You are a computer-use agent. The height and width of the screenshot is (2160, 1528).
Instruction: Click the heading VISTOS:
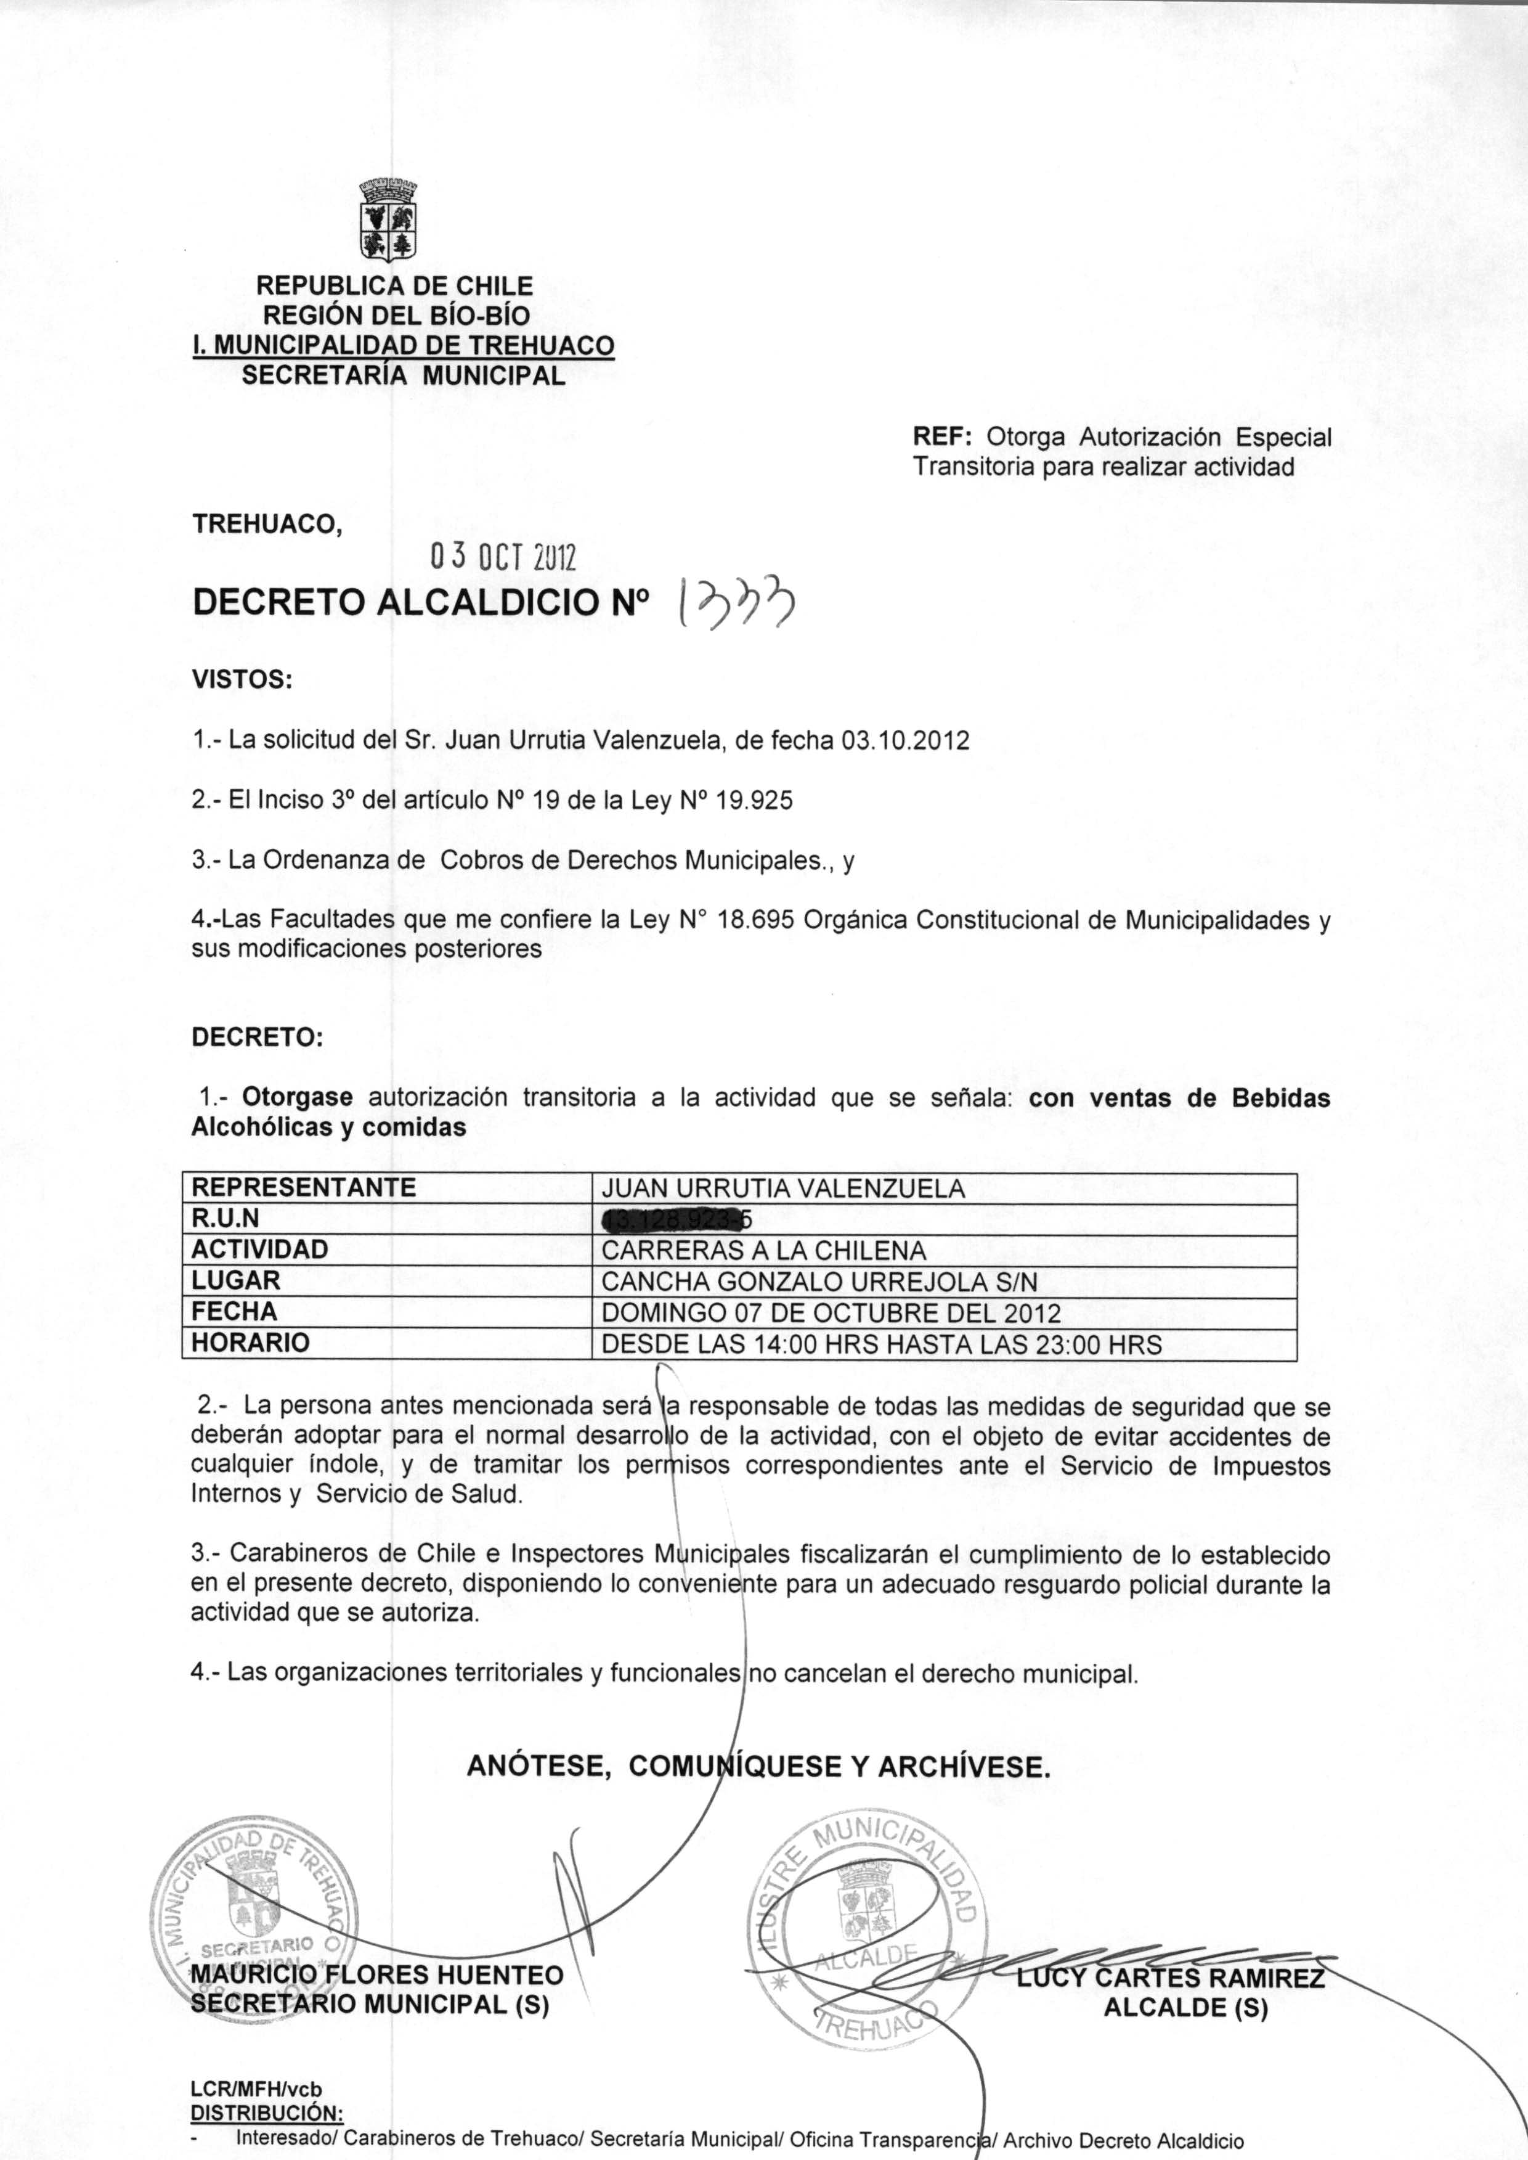tap(242, 679)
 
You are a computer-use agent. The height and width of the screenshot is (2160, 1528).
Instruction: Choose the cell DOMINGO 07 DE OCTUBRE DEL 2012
tap(831, 1313)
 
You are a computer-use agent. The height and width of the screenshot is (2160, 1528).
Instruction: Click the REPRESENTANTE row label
tap(303, 1188)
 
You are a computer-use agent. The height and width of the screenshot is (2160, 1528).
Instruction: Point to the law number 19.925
tap(755, 801)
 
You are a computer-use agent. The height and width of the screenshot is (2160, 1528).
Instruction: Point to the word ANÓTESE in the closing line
tap(540, 1767)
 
